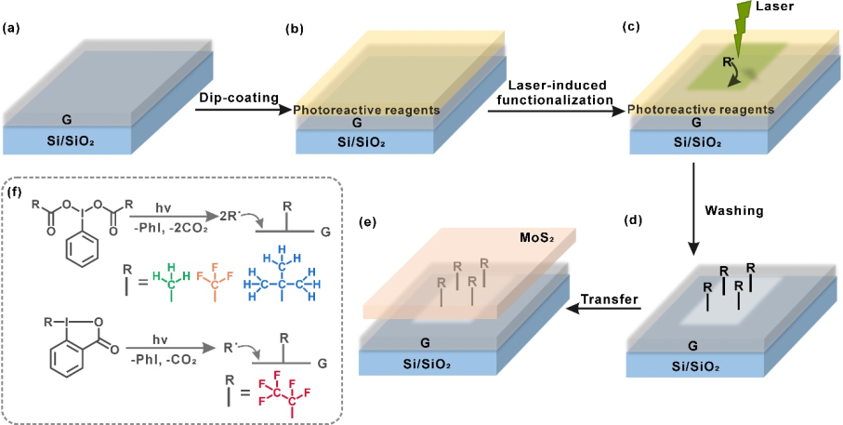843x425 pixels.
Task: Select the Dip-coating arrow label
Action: [232, 96]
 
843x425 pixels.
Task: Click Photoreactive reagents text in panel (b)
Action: [365, 111]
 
